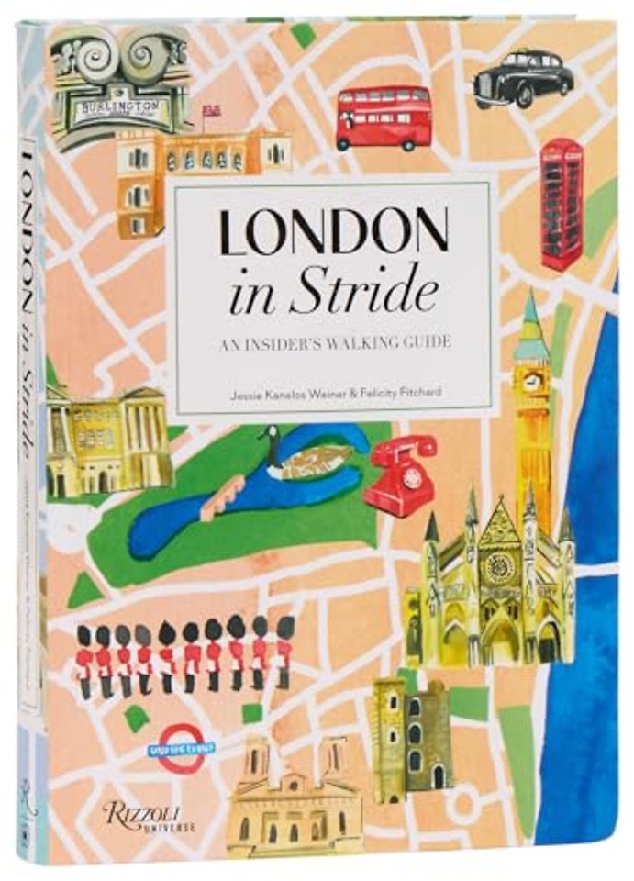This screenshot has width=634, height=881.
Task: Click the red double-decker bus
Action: click(384, 118)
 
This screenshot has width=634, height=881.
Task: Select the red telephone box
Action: click(561, 203)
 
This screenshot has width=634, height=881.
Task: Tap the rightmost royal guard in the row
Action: click(284, 657)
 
